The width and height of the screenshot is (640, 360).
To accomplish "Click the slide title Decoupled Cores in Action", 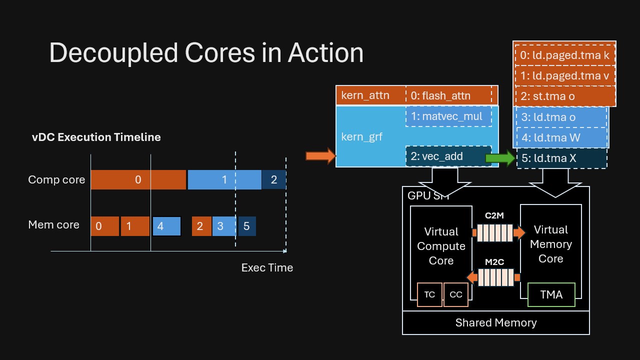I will point(206,52).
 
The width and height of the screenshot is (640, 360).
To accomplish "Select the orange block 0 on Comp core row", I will point(138,180).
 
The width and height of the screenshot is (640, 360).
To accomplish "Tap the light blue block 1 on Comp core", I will point(224,180).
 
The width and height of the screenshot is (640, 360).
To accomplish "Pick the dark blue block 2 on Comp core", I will point(274,180).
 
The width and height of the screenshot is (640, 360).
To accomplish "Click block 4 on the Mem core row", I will point(166,226).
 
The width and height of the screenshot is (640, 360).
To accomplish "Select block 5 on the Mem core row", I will point(247,226).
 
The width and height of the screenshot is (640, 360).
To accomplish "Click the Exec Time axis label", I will point(267,267).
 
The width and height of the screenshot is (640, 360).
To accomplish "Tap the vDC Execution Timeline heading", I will point(96,137).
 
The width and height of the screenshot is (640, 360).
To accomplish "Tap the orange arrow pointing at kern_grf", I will point(320,156).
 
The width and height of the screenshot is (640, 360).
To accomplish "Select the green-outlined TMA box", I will point(551,294).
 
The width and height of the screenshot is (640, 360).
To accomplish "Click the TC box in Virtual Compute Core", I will point(429,294).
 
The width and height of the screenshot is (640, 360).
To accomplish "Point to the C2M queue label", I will point(494,216).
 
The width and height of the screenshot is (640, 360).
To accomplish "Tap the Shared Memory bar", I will point(496,322).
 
